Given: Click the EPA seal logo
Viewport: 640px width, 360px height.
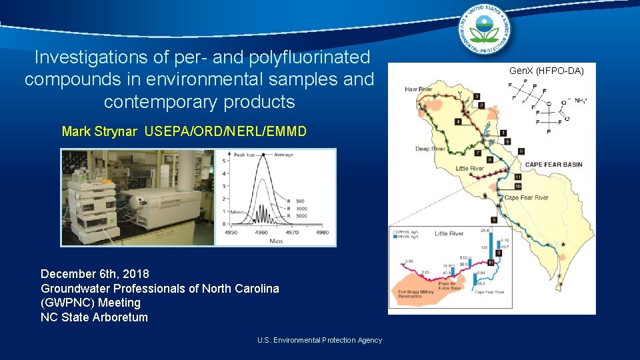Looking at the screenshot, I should click(x=487, y=30).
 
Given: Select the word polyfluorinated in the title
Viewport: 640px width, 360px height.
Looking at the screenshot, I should click(x=308, y=57).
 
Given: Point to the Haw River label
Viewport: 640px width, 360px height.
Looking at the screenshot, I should click(x=419, y=89).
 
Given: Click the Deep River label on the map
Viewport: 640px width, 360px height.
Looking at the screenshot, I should click(x=430, y=149).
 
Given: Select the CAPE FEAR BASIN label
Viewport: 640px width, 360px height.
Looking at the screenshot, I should click(x=553, y=165).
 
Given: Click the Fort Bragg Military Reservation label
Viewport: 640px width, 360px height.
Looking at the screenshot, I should click(x=415, y=293).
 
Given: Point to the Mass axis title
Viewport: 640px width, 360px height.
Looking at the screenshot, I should click(x=275, y=241).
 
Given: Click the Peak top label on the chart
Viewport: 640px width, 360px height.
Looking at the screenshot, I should click(x=244, y=155).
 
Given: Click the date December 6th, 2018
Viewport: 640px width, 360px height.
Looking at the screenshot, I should click(x=95, y=274).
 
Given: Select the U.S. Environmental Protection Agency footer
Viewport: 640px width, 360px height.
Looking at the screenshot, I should click(x=319, y=340).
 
